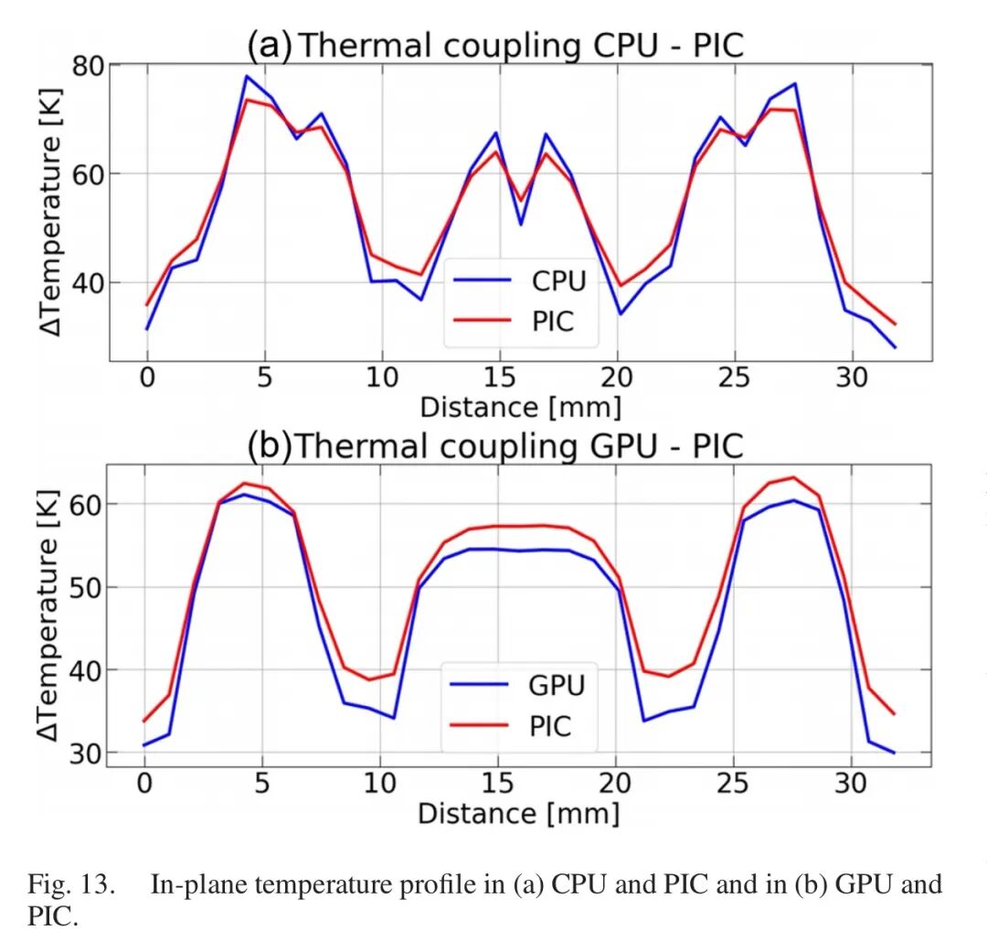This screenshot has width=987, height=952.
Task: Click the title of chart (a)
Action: [x=495, y=45]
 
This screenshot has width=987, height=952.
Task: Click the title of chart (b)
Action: [x=495, y=445]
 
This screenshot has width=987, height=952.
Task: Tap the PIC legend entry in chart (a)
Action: [x=552, y=321]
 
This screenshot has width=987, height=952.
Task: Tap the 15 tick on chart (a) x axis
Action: [x=499, y=378]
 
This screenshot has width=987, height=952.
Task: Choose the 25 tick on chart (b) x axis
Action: [x=733, y=784]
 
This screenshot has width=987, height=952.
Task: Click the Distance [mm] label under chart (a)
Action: [x=519, y=406]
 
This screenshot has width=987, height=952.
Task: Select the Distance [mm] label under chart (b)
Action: [x=518, y=812]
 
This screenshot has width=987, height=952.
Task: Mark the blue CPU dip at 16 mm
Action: [x=521, y=224]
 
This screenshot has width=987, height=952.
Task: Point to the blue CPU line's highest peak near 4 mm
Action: [x=246, y=76]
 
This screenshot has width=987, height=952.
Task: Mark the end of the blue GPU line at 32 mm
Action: [x=894, y=753]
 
